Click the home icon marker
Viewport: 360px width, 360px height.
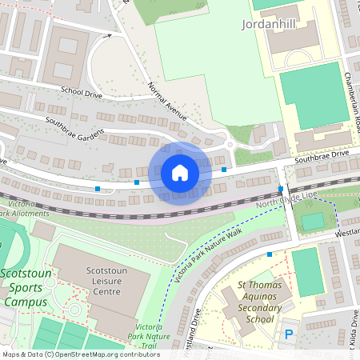click(180, 172)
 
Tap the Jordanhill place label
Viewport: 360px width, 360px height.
click(269, 25)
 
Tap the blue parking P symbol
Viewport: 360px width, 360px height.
click(289, 333)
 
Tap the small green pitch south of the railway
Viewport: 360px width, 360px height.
click(313, 220)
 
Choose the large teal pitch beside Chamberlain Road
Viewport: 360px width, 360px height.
click(313, 97)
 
